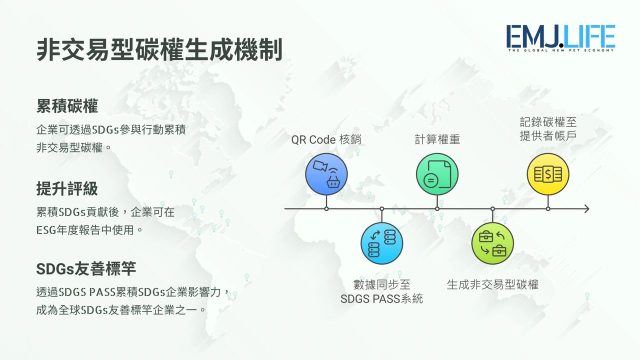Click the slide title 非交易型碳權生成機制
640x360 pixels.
[159, 49]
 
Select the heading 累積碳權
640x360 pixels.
[67, 106]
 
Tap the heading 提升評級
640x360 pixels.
[67, 188]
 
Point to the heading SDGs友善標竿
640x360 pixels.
[86, 269]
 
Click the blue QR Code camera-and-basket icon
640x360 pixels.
[326, 174]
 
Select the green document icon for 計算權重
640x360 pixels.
[437, 174]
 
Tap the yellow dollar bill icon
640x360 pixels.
[548, 174]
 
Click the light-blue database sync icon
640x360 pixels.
[381, 243]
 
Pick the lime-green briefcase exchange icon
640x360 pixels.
[492, 243]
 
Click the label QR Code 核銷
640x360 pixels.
[326, 139]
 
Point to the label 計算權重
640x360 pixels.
[437, 139]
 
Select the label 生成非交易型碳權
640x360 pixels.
[492, 285]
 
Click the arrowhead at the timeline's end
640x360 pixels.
[586, 209]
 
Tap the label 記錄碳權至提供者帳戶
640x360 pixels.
[548, 129]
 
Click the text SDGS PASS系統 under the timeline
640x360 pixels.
[381, 299]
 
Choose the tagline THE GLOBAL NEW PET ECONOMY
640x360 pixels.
[561, 50]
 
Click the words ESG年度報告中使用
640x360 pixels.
[85, 230]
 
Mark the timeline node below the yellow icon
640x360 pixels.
[548, 209]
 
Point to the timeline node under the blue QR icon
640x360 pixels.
[326, 209]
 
